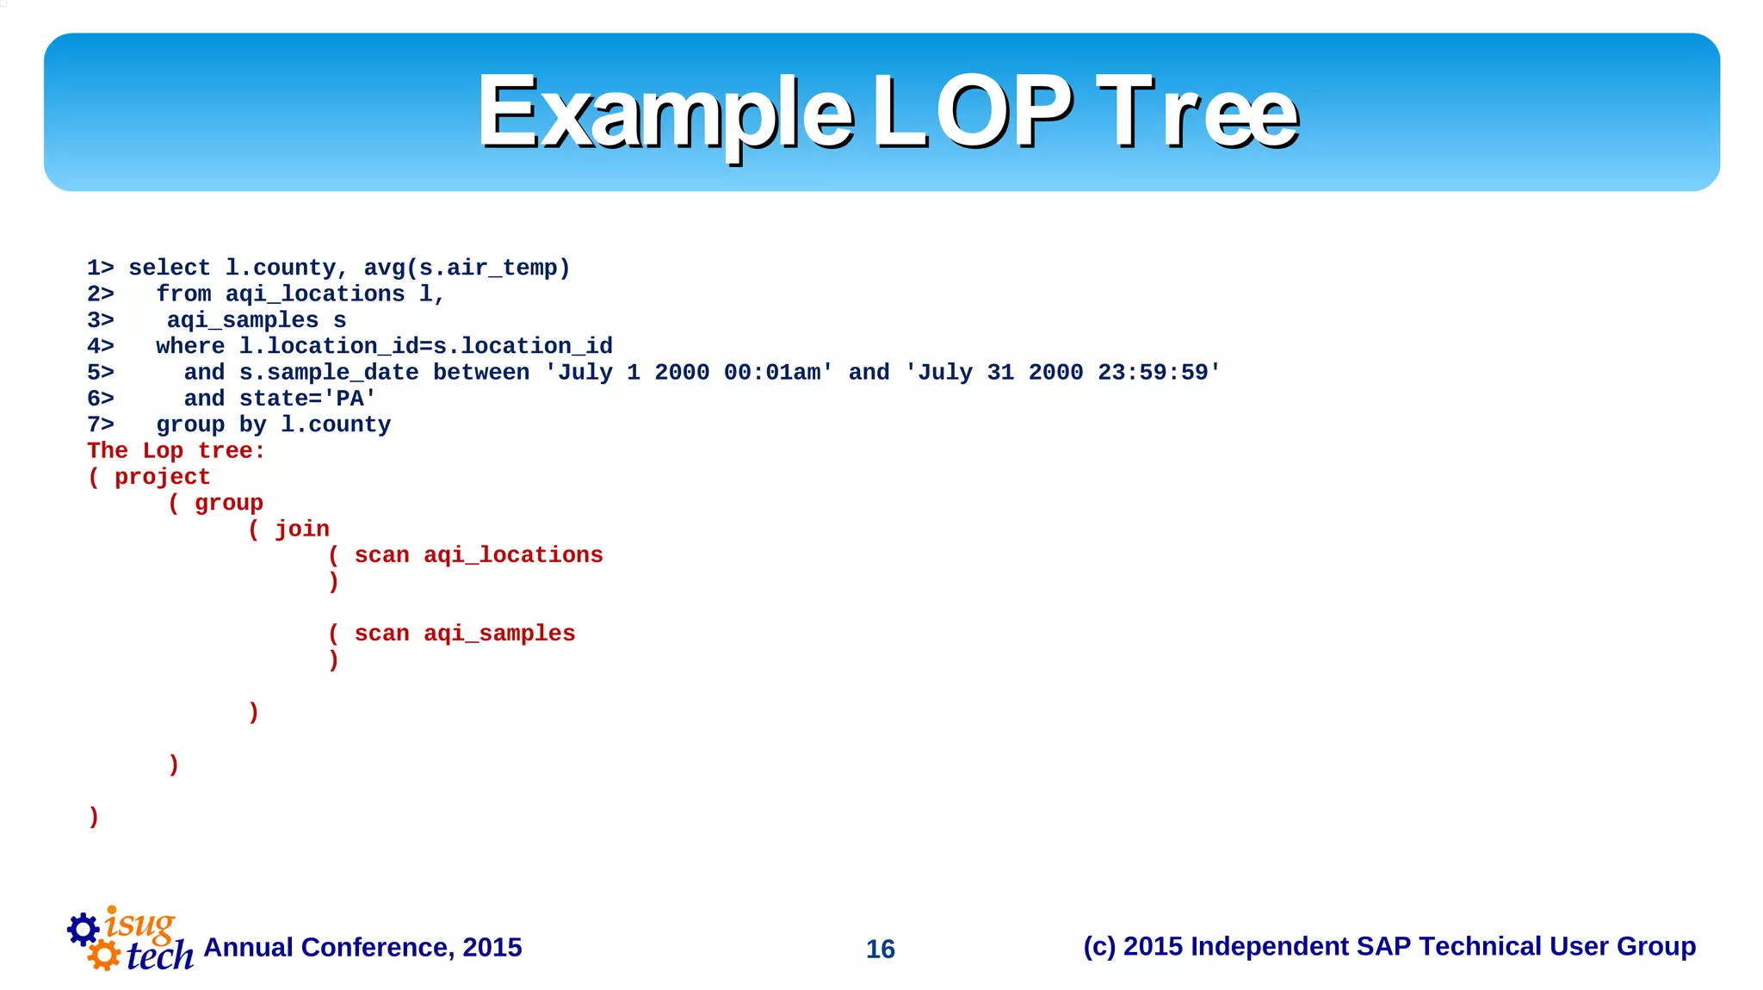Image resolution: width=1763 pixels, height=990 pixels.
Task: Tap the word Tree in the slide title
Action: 1197,113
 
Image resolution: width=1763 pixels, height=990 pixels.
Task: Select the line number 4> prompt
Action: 101,347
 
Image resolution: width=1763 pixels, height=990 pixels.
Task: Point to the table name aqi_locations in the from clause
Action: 315,294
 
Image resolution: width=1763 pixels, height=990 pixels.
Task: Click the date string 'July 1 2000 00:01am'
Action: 689,373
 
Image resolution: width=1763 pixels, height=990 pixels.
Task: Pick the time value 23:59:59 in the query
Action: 1153,373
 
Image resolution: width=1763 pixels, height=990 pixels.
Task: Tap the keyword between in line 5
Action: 481,373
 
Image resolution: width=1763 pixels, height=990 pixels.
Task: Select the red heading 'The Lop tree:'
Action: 176,451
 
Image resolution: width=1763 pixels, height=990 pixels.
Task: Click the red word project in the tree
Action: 162,477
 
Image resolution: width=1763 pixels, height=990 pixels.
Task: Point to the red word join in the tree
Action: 302,529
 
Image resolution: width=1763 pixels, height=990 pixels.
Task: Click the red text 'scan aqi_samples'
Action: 464,634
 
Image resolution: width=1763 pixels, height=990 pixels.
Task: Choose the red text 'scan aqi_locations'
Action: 479,555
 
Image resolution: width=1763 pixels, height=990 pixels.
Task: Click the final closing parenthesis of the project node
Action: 94,816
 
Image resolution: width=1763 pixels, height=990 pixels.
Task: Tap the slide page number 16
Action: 880,949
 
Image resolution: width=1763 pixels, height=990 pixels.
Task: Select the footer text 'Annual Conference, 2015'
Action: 362,948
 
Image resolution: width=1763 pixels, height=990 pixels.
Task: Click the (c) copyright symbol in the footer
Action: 1098,947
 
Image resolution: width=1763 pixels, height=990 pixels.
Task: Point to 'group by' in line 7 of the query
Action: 212,425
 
